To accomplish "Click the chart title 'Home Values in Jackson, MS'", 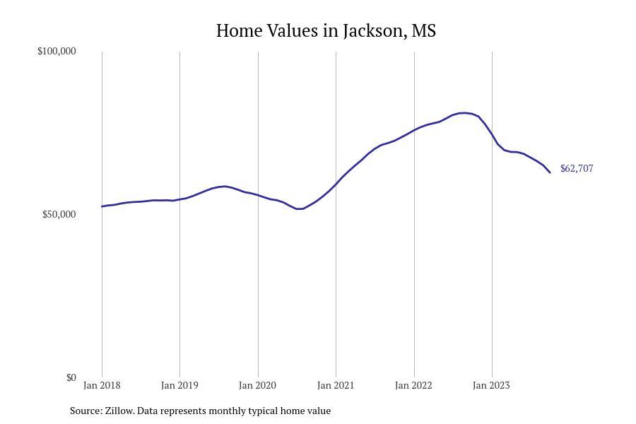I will (x=326, y=31).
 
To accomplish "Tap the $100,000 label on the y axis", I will (x=57, y=52).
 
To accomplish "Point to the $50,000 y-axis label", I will (x=59, y=215).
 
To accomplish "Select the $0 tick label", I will (x=71, y=378).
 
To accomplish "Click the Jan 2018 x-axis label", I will (x=102, y=386).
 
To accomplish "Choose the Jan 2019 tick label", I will (x=179, y=386).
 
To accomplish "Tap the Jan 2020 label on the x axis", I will (x=257, y=386).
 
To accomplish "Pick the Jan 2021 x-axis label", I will (x=336, y=386).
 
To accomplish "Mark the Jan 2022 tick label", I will (x=413, y=386).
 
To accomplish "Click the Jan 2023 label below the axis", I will (x=491, y=386).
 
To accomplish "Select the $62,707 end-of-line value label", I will (x=577, y=169).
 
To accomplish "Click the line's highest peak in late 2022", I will (x=463, y=112).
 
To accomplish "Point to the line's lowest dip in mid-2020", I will (x=299, y=208).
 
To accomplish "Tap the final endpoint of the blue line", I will (x=550, y=172).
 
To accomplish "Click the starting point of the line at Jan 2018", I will (x=102, y=206).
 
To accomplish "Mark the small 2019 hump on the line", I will (x=224, y=187).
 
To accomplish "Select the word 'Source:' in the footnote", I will (x=86, y=411).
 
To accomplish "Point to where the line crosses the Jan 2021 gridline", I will (x=336, y=184).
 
